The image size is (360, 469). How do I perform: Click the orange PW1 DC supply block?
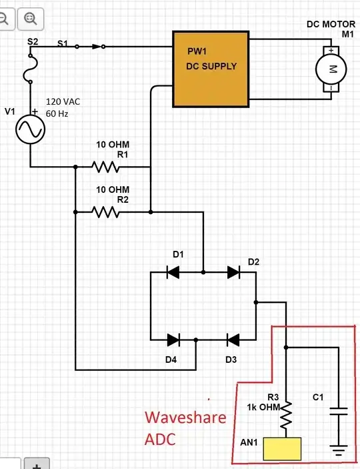click(x=211, y=68)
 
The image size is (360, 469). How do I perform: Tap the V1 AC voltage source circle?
click(x=31, y=128)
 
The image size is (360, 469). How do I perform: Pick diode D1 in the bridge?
click(x=174, y=272)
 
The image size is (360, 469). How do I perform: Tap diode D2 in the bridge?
click(x=233, y=272)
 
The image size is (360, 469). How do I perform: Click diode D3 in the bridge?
click(x=233, y=340)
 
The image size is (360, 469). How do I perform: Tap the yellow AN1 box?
click(x=283, y=449)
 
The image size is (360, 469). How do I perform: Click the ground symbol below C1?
click(x=340, y=452)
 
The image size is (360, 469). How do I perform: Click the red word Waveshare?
click(x=185, y=418)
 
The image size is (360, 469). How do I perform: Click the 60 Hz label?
click(x=57, y=114)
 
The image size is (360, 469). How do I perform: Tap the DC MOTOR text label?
click(x=331, y=24)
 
